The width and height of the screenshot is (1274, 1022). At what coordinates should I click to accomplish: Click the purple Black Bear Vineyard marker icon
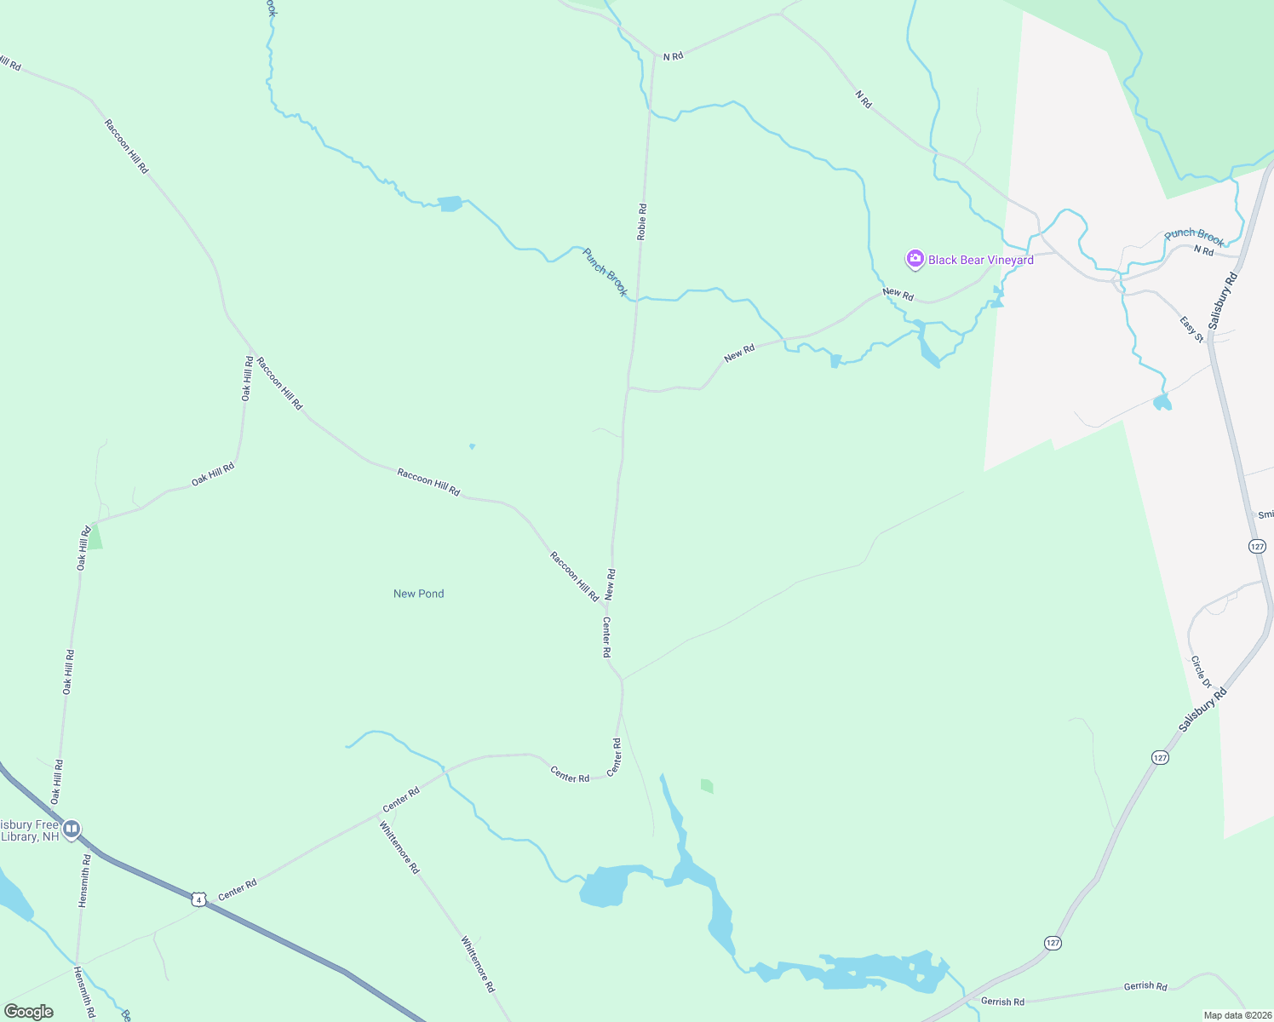coord(915,259)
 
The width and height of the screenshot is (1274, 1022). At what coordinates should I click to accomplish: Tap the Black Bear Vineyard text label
coord(981,260)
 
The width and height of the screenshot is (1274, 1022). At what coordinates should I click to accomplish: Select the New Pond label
coord(418,594)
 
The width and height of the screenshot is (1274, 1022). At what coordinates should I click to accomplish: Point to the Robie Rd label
coord(642,221)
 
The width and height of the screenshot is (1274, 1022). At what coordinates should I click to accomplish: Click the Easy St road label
coord(1192,330)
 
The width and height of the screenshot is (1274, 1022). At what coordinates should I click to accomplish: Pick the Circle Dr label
coord(1201,672)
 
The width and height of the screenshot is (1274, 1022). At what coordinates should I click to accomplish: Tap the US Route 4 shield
coord(198,899)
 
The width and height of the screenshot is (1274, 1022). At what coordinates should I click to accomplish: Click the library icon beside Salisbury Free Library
coord(72,828)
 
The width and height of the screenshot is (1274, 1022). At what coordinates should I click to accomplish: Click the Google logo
coord(28,1012)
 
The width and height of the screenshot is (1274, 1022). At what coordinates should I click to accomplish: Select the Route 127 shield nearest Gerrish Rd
coord(1053,943)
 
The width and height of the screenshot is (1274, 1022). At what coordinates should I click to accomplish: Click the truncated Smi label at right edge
coord(1265,514)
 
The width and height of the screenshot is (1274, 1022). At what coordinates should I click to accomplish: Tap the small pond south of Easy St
coord(1162,402)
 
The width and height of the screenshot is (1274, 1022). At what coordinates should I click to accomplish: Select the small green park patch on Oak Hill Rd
coord(95,537)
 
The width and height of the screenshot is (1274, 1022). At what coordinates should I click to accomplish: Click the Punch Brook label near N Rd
coord(1194,236)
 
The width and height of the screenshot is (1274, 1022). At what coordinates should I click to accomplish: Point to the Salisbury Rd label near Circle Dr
coord(1203,709)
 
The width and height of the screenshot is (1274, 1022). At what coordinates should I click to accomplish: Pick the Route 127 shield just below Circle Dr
coord(1159,757)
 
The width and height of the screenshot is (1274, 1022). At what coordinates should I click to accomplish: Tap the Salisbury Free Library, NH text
coord(30,830)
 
